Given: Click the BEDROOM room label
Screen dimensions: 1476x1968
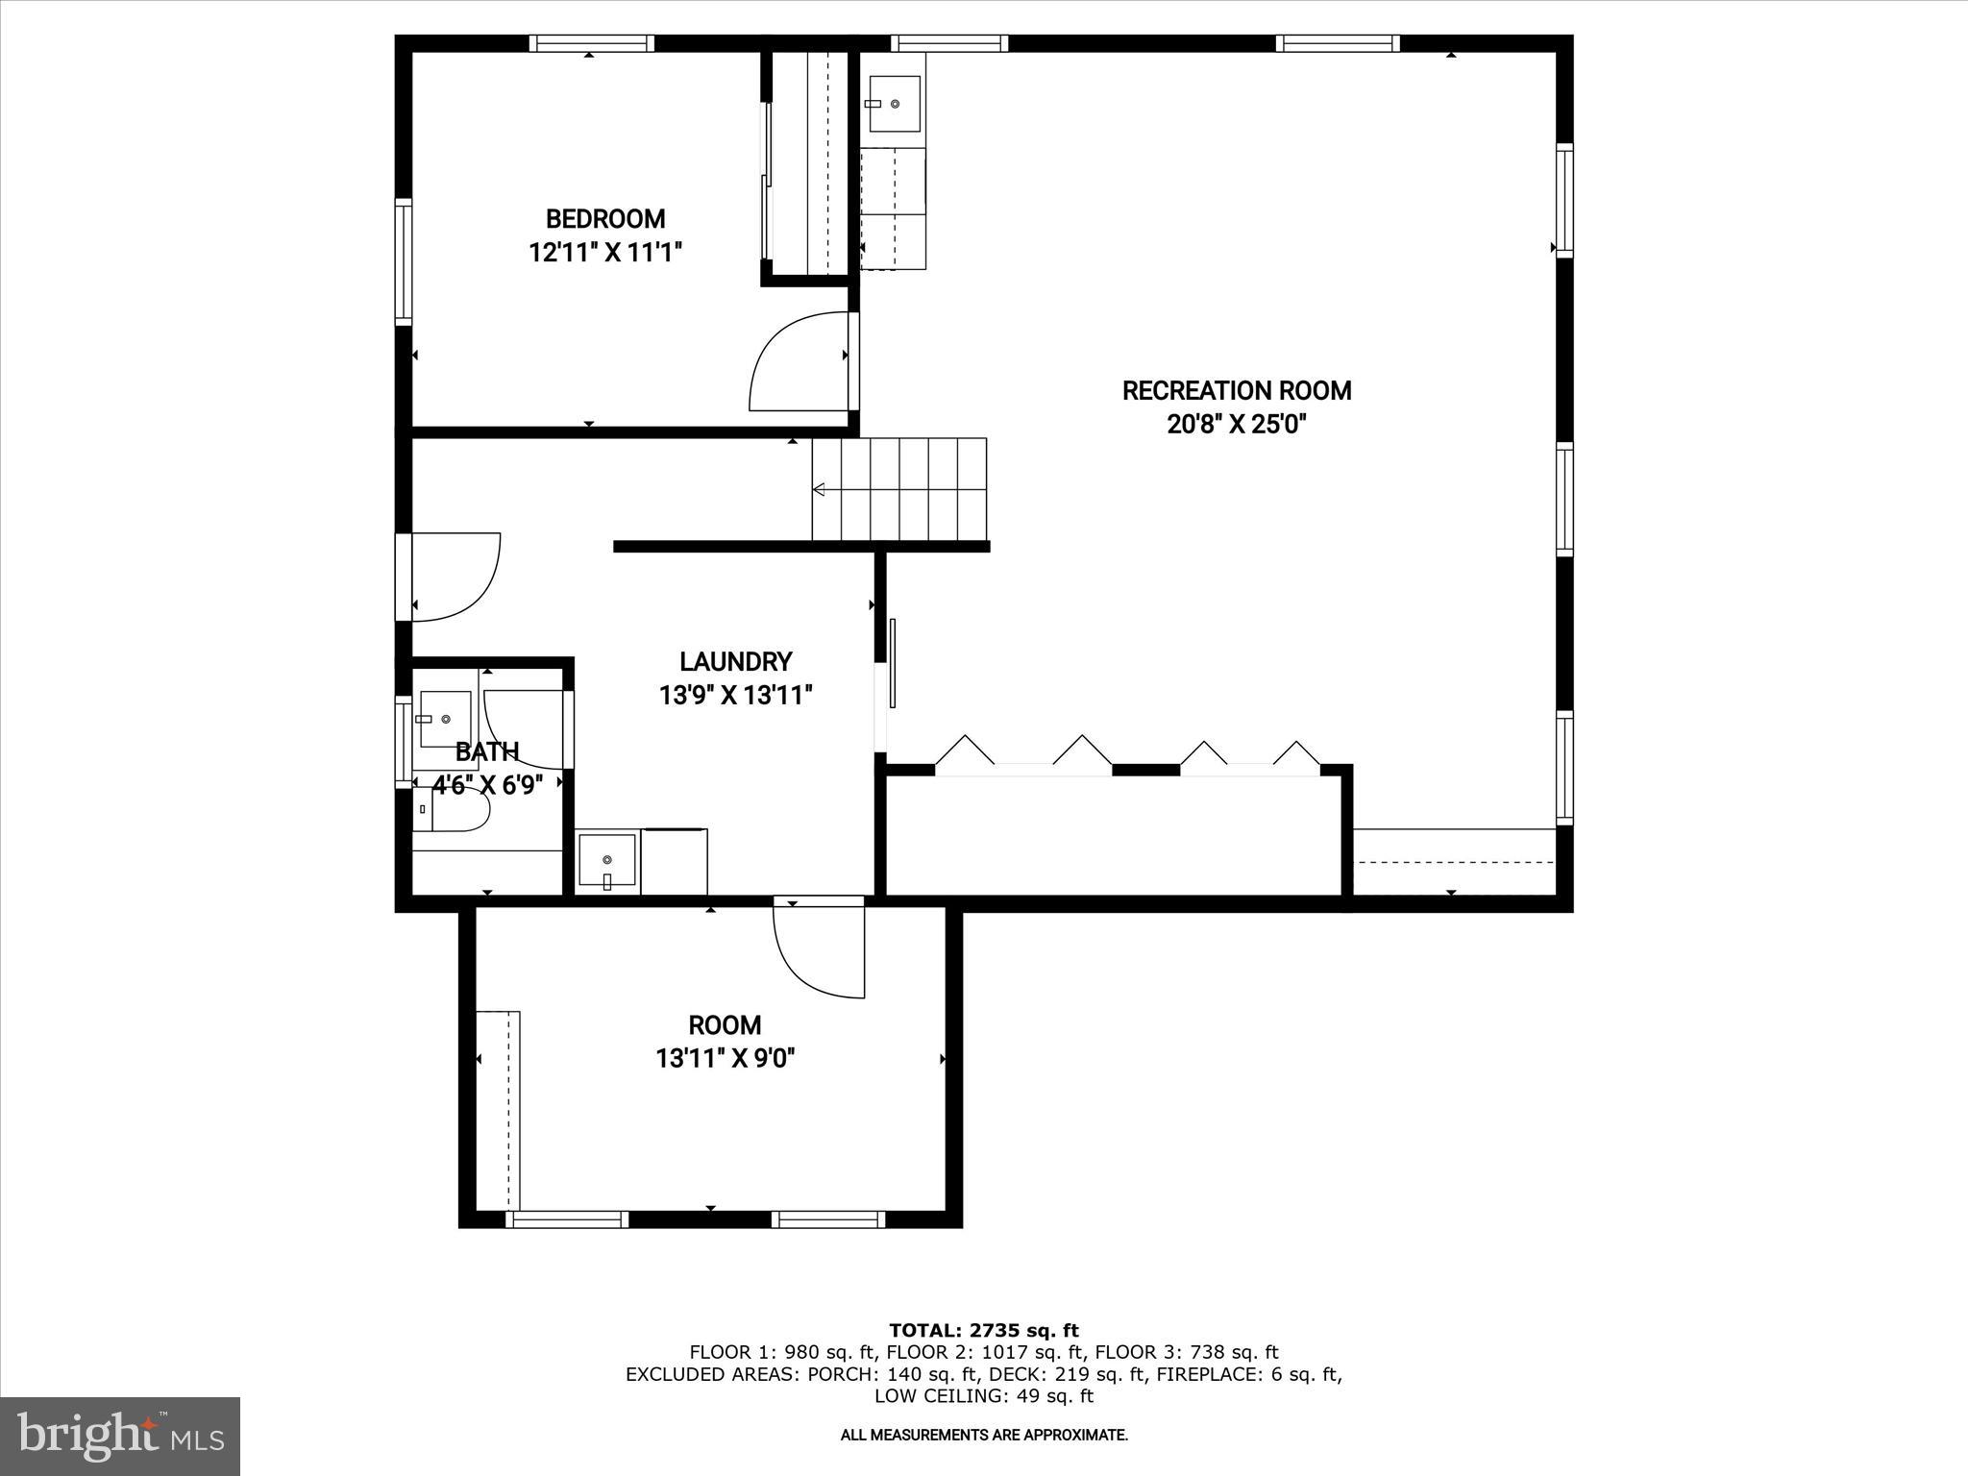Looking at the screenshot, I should [605, 219].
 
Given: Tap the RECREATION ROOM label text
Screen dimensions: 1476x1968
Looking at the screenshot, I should [1237, 391].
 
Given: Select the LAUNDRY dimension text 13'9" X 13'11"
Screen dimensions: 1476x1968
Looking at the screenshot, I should [736, 695].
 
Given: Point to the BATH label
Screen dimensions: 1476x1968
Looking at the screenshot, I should [487, 751].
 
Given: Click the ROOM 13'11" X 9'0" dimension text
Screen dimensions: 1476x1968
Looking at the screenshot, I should [726, 1059].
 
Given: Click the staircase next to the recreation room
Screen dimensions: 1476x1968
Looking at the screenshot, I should [898, 490].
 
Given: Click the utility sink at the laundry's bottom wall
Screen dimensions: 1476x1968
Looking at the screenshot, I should [606, 861].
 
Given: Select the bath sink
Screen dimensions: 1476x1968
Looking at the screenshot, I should [444, 718].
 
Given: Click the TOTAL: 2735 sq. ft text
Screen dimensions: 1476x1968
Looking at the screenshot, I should [984, 1330].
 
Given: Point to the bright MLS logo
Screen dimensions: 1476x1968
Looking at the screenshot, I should [120, 1436].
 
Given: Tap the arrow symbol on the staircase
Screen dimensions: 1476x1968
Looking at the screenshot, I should [819, 490].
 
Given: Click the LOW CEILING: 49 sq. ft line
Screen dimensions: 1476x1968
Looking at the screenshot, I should [984, 1395].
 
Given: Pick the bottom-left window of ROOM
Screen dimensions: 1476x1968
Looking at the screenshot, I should [567, 1219].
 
